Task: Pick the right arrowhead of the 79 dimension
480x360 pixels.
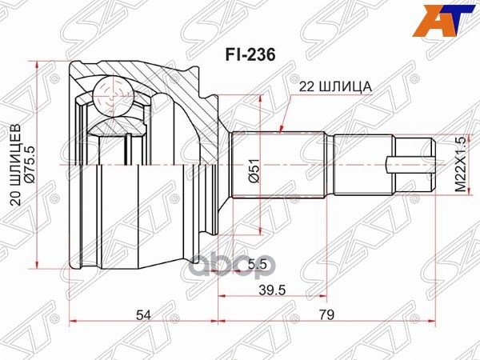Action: (x=434, y=322)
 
